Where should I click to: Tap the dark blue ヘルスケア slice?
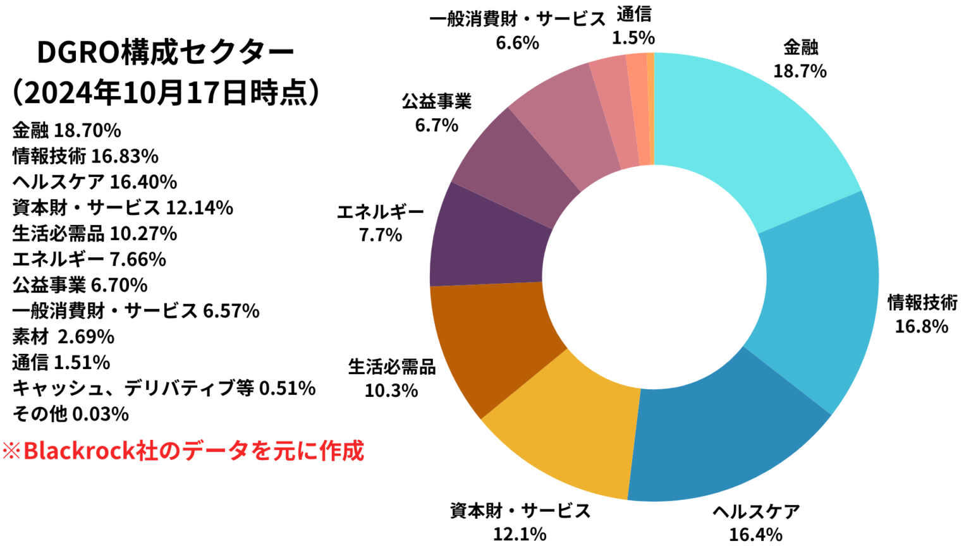click(x=727, y=436)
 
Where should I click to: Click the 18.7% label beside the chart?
click(x=800, y=71)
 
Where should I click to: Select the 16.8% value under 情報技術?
click(x=921, y=327)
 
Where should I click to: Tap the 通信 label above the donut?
click(x=633, y=15)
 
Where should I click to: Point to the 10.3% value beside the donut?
click(x=391, y=391)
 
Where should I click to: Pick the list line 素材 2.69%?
click(x=63, y=337)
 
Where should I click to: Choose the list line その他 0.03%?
click(x=70, y=414)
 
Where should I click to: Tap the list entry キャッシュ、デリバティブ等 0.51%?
click(x=164, y=388)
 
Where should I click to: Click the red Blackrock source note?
click(x=183, y=451)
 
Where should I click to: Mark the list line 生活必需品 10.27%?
click(x=95, y=234)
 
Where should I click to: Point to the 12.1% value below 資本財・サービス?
click(x=520, y=534)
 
